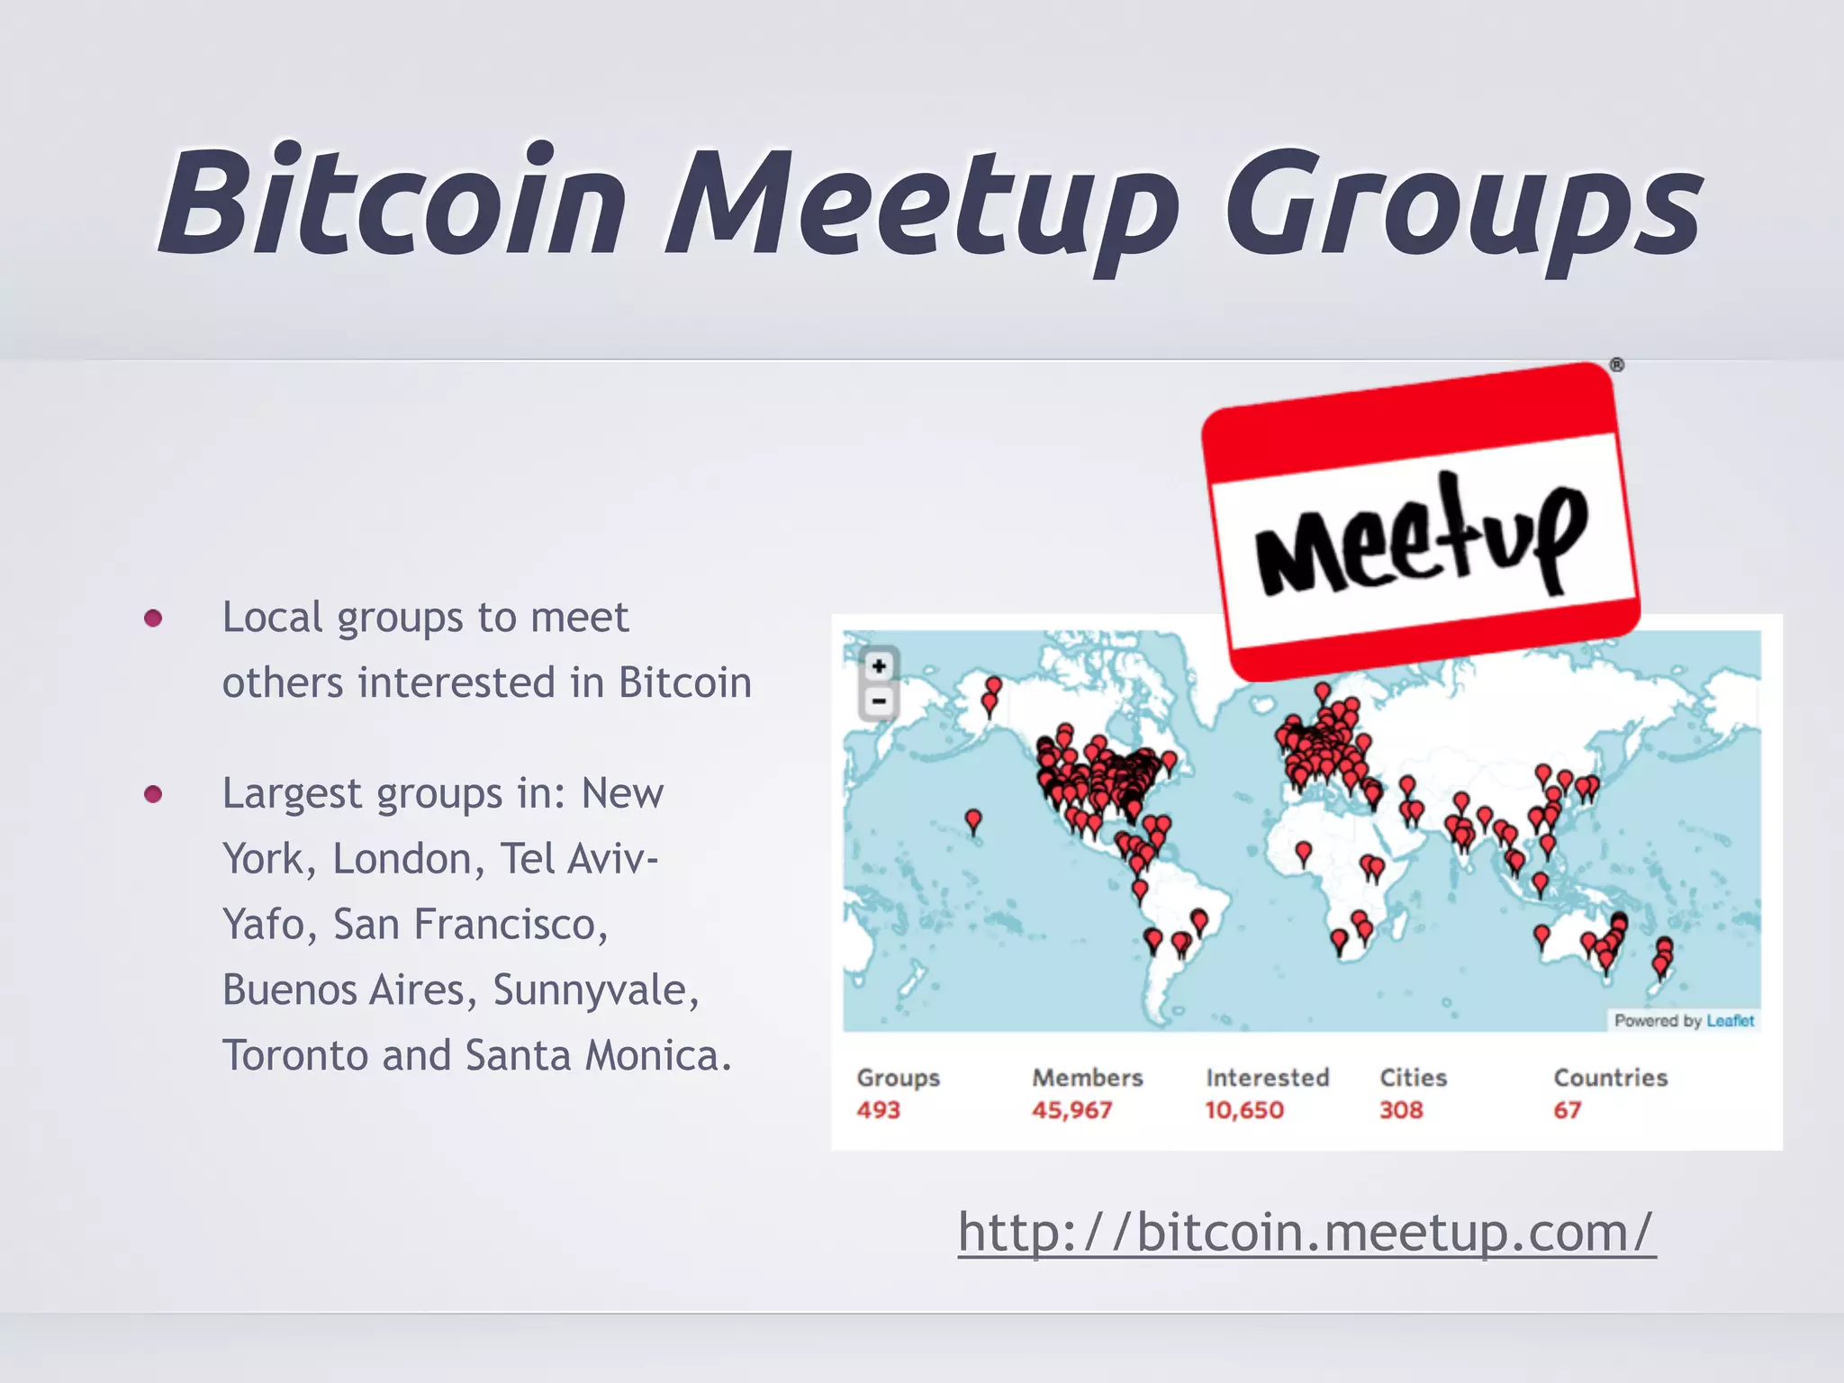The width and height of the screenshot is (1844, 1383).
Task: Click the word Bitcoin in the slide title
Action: point(393,203)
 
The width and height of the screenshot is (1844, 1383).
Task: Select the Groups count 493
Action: point(878,1110)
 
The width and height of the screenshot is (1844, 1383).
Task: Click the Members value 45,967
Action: point(1071,1110)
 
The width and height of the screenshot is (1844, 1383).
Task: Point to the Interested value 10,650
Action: point(1244,1110)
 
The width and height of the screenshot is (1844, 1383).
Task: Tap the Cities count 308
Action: point(1401,1110)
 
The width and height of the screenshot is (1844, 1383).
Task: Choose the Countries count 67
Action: point(1567,1110)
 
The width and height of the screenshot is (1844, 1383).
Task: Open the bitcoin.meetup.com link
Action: point(1306,1232)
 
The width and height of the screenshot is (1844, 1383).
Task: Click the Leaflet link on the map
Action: point(1730,1021)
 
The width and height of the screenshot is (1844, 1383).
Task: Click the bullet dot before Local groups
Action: point(153,618)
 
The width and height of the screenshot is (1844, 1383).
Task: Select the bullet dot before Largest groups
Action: point(153,794)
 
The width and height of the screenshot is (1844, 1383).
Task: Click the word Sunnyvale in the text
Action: point(594,990)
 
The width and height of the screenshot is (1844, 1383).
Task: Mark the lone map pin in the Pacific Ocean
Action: point(973,819)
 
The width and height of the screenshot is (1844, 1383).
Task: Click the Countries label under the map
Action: point(1610,1078)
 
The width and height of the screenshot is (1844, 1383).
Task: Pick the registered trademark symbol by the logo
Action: point(1617,366)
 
